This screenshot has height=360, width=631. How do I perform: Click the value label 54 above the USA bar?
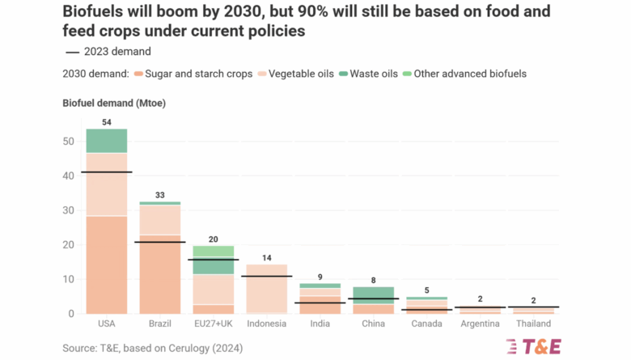pos(107,121)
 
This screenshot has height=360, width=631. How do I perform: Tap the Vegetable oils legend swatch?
pos(260,74)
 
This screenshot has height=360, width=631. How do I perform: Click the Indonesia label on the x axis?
pos(266,324)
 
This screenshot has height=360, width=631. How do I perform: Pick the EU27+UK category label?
pos(213,324)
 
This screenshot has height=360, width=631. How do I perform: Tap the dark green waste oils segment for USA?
pos(107,141)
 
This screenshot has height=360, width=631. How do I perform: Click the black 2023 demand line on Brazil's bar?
pos(160,242)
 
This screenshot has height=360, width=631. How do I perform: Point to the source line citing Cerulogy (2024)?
pos(152,348)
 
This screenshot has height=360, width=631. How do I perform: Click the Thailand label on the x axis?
pos(532,324)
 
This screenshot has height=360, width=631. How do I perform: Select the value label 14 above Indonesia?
pos(266,257)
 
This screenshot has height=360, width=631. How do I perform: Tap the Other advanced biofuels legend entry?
pos(469,74)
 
